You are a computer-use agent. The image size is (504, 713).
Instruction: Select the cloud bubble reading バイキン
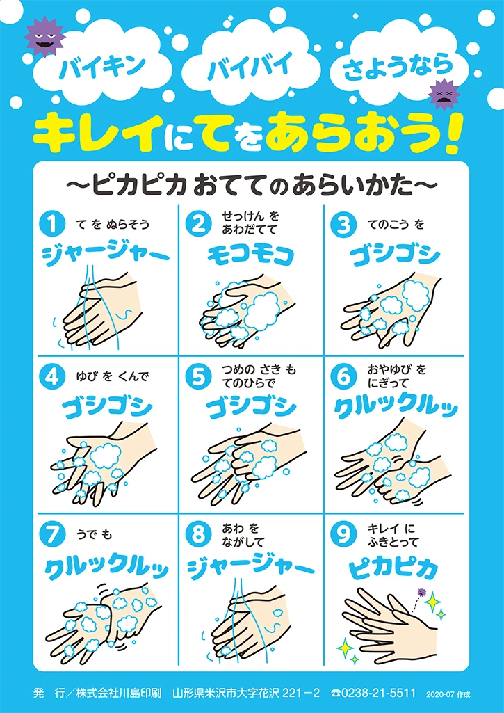click(x=102, y=68)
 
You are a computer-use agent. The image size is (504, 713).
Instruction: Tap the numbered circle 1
click(x=51, y=224)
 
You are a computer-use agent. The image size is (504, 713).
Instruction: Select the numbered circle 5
click(x=198, y=376)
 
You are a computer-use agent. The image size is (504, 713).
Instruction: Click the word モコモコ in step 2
click(x=252, y=255)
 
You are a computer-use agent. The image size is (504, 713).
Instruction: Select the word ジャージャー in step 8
click(x=250, y=567)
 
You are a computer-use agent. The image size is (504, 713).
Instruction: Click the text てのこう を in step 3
click(x=396, y=224)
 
